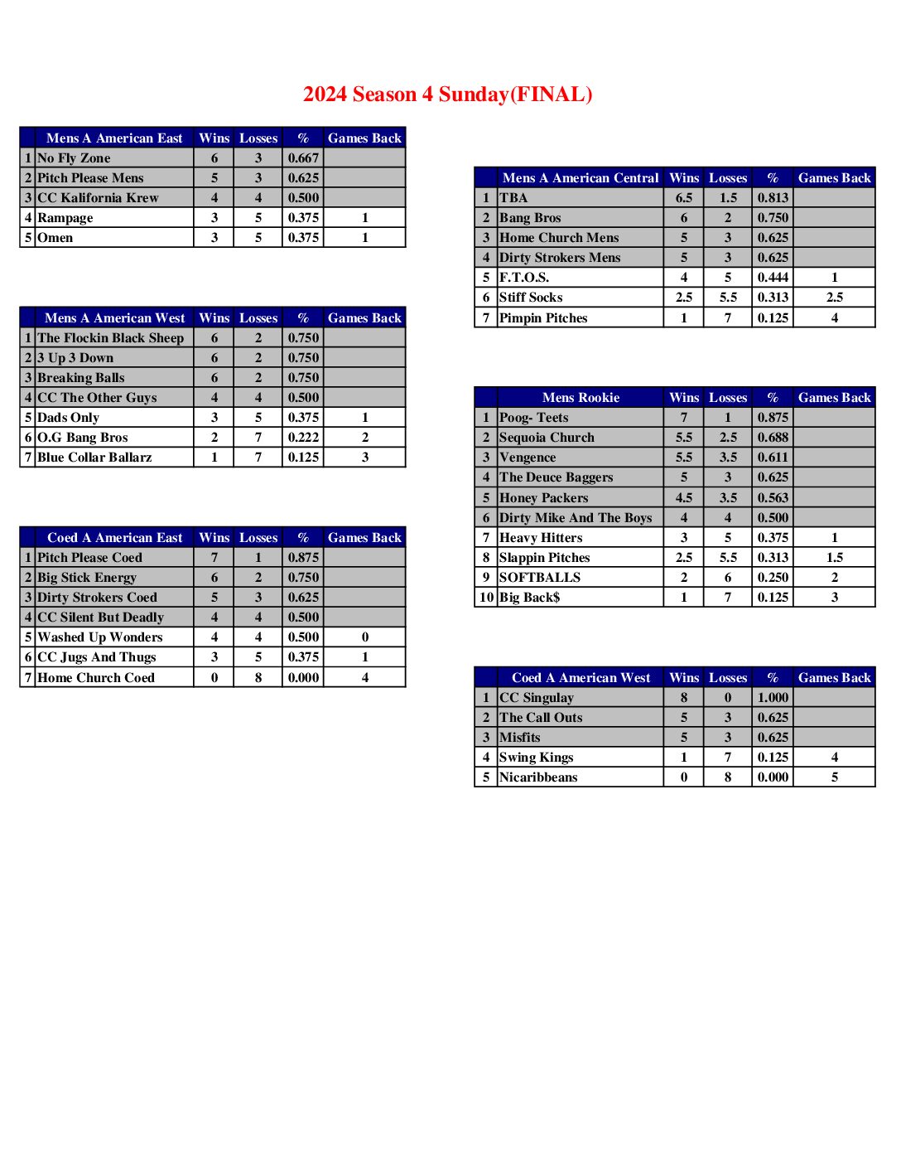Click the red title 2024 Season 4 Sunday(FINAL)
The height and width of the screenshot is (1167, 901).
coord(447,94)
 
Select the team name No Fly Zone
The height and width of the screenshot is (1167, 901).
coord(74,158)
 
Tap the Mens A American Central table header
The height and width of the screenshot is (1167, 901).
coord(581,178)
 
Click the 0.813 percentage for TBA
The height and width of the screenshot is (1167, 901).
coord(773,198)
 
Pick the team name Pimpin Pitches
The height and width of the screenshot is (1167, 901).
coord(543,318)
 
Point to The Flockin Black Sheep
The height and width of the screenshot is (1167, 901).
coord(111,338)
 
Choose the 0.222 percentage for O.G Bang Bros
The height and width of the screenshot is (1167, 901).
coord(303,438)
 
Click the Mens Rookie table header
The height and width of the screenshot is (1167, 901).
coord(581,398)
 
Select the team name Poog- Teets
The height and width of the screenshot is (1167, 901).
coord(534,418)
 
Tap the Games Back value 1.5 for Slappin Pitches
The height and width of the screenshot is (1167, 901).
coord(834,558)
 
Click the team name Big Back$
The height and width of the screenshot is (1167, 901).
coord(530,598)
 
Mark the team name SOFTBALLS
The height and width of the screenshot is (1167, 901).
coord(540,578)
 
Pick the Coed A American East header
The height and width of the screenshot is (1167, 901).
coord(114,538)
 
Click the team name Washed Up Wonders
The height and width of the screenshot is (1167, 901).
coord(100,637)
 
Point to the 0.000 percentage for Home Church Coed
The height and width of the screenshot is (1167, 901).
coord(303,678)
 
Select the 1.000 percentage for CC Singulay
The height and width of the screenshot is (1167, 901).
coord(773,698)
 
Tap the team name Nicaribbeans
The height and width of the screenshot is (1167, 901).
coord(538,777)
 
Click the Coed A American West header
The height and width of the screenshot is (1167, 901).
coord(581,678)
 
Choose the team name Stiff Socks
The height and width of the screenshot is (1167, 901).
coord(531,298)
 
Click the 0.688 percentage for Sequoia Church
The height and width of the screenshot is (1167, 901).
coord(773,438)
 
